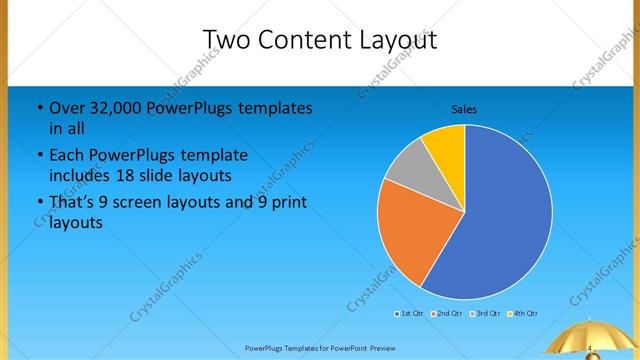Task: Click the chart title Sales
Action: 464,108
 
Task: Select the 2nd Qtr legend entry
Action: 446,314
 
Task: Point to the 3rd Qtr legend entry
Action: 485,314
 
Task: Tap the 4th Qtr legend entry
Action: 523,314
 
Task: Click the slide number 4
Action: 590,347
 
